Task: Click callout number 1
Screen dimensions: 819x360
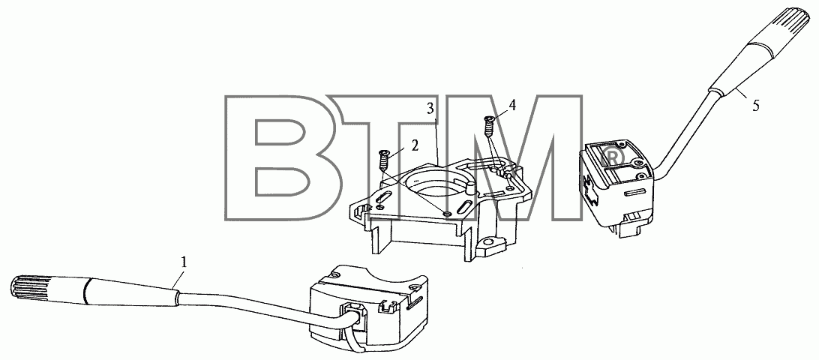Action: (x=183, y=262)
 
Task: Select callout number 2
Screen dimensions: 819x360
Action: (x=415, y=145)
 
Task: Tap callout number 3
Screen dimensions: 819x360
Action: (x=430, y=109)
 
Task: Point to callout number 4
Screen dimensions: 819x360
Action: (x=512, y=106)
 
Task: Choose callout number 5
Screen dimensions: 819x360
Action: (x=756, y=106)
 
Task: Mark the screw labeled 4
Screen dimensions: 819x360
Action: (x=490, y=125)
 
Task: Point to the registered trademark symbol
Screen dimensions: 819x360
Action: (x=612, y=156)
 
